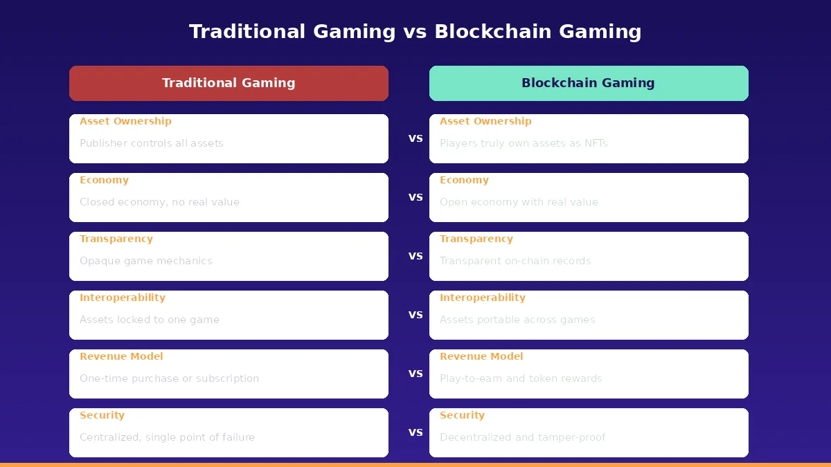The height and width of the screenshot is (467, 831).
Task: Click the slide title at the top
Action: point(415,32)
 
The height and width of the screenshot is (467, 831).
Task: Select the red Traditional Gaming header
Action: point(229,83)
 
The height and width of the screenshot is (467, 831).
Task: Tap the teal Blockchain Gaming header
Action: point(589,83)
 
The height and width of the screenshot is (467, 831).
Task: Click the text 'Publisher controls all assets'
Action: point(152,143)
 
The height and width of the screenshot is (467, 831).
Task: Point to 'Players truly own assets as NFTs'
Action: point(524,143)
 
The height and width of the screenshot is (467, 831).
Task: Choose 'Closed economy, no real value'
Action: point(159,202)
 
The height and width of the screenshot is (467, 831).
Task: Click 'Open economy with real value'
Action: point(519,202)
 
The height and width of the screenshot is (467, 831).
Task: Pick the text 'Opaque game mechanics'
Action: point(146,261)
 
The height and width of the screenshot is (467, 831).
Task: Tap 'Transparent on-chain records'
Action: point(515,261)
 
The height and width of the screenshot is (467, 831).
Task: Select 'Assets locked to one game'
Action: point(150,320)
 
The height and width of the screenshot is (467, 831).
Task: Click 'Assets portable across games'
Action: point(517,320)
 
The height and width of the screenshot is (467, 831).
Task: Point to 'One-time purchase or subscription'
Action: point(170,378)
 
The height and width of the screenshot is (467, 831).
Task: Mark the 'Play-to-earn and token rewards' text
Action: point(521,378)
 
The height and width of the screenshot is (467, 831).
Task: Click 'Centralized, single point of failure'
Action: point(167,437)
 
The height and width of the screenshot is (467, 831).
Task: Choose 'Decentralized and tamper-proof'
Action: point(523,437)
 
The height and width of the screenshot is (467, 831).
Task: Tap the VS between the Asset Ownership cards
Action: point(415,138)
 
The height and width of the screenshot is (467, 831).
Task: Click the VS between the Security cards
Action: point(415,432)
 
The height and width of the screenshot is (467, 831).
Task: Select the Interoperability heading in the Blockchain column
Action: point(483,297)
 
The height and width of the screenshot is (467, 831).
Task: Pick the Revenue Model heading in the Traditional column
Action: point(121,356)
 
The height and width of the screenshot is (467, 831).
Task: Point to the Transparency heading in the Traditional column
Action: point(116,239)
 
